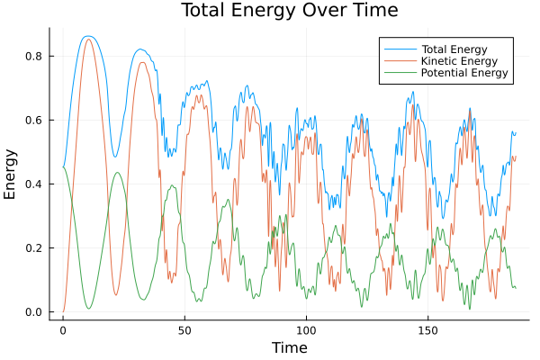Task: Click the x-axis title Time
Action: pyautogui.click(x=290, y=347)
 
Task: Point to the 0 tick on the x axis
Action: pyautogui.click(x=63, y=329)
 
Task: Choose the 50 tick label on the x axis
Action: pyautogui.click(x=184, y=329)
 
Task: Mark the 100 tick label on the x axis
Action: pyautogui.click(x=306, y=329)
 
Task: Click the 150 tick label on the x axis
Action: pyautogui.click(x=427, y=329)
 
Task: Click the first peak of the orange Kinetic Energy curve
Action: pyautogui.click(x=87, y=40)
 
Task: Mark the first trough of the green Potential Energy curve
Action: pyautogui.click(x=88, y=309)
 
